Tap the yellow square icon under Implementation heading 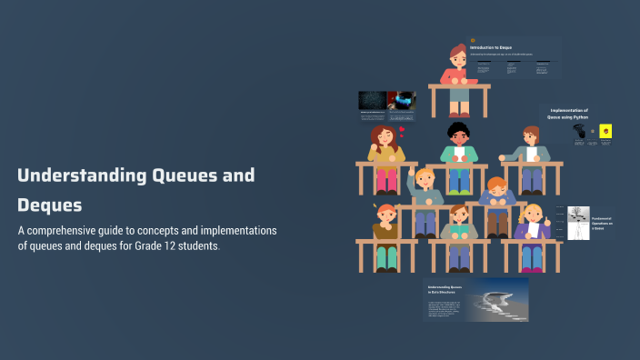tap(605, 132)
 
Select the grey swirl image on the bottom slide tap(497, 299)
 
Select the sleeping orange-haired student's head tap(496, 188)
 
